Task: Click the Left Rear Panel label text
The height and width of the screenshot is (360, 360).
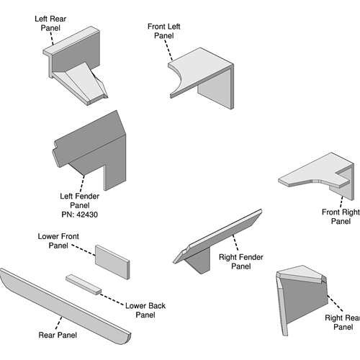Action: click(x=50, y=23)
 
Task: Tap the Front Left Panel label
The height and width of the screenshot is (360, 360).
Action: click(x=164, y=31)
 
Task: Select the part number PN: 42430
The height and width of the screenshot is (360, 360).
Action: click(x=80, y=215)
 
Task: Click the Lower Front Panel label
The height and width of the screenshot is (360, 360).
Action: click(x=58, y=240)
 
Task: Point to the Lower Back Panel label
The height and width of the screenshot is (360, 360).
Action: click(x=145, y=310)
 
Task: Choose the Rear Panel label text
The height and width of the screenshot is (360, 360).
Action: click(x=58, y=335)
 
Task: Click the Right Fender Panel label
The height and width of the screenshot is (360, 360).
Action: click(x=241, y=261)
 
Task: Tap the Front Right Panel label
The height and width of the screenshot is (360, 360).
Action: click(x=341, y=217)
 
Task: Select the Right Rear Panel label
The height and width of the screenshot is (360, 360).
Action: click(x=343, y=322)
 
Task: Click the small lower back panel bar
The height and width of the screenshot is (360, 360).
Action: click(x=84, y=284)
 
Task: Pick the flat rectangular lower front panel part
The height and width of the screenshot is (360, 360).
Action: click(x=112, y=262)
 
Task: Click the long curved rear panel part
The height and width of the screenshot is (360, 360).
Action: click(x=65, y=306)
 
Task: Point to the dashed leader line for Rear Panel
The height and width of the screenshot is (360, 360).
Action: click(x=58, y=323)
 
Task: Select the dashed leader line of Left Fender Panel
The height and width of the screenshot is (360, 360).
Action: click(x=82, y=184)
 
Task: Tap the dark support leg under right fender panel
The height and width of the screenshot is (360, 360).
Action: click(x=199, y=261)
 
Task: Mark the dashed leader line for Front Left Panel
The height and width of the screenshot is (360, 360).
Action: click(x=168, y=50)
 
